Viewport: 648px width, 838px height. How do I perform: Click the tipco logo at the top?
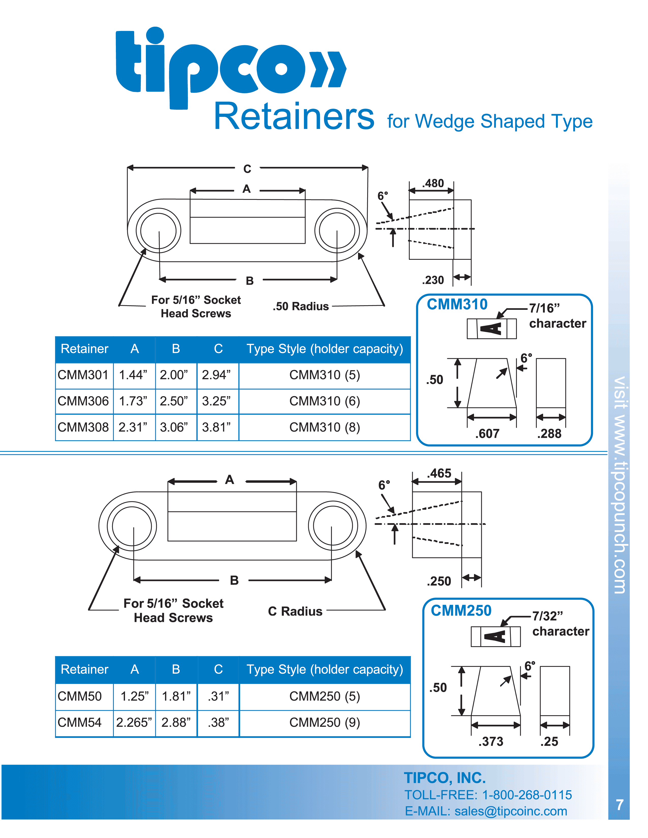(x=230, y=67)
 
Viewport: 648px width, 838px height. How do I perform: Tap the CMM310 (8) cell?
(x=325, y=427)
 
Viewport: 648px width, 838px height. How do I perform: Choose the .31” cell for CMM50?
(x=218, y=696)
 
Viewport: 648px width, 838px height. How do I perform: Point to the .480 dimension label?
(x=433, y=183)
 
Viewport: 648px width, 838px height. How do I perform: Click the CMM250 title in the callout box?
(x=461, y=611)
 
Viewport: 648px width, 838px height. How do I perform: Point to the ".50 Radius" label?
(x=301, y=306)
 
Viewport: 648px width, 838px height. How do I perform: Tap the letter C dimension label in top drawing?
(x=247, y=169)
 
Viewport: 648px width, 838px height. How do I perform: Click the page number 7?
(x=619, y=805)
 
